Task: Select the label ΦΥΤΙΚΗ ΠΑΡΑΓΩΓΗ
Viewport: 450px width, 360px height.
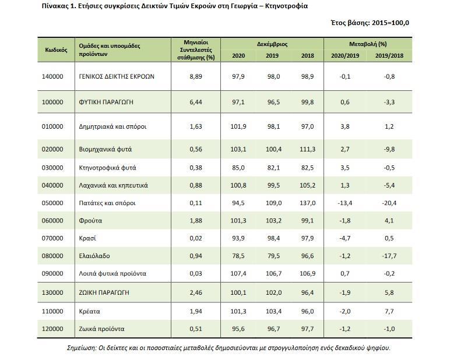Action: [x=106, y=102]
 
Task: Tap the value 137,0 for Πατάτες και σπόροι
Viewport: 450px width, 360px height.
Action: [x=307, y=203]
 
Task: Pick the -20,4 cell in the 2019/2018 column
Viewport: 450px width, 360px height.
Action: [x=389, y=203]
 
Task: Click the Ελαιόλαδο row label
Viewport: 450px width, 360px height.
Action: [x=94, y=256]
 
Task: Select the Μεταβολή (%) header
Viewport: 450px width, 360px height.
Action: [x=368, y=44]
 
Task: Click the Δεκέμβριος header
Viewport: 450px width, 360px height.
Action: [x=272, y=44]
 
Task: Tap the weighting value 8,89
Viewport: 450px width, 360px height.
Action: [x=196, y=76]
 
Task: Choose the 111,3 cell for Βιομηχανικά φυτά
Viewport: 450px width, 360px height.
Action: [x=307, y=150]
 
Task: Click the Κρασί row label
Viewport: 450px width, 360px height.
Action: [x=87, y=238]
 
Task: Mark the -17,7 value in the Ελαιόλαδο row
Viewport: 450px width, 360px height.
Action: [x=389, y=256]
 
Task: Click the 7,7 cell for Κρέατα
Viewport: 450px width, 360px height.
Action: [x=389, y=312]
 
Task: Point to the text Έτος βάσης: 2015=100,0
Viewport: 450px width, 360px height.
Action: [x=370, y=23]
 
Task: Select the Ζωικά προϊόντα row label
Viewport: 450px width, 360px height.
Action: [x=101, y=329]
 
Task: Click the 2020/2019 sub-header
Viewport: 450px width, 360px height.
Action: [x=346, y=56]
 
